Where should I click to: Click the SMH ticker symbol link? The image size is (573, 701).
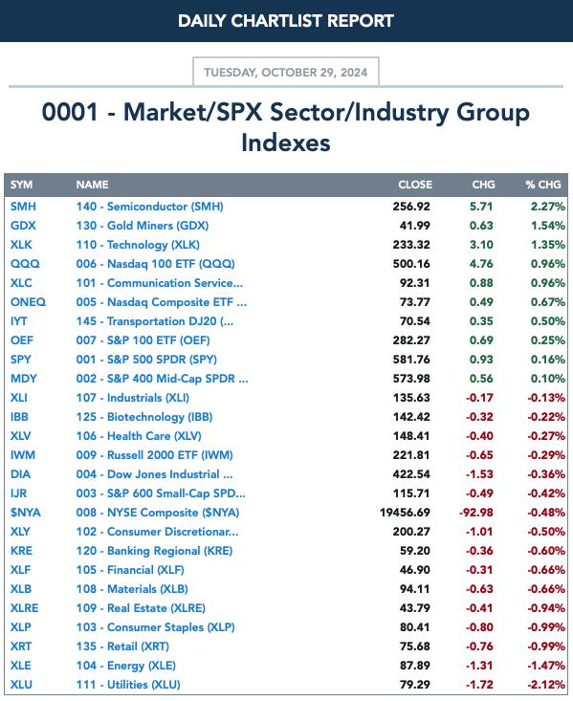(x=23, y=207)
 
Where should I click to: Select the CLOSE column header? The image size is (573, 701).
(x=415, y=185)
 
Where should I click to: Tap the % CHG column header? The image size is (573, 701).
(x=543, y=185)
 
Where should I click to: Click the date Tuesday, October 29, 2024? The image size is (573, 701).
(x=286, y=73)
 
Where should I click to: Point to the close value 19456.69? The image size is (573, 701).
(x=405, y=513)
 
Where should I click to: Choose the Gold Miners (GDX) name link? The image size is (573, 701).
(x=143, y=226)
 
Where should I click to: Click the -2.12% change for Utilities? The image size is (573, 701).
(x=545, y=685)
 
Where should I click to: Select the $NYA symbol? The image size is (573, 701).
(x=26, y=513)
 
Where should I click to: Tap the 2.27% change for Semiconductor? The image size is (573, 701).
(x=548, y=207)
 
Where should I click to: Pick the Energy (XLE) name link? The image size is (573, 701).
(x=125, y=666)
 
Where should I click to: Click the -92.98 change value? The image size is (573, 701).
(x=476, y=513)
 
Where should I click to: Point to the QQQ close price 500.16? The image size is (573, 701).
(x=411, y=264)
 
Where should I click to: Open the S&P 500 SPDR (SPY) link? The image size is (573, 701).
(x=146, y=360)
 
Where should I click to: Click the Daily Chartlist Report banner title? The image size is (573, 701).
(x=286, y=21)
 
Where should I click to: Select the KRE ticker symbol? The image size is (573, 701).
(x=21, y=551)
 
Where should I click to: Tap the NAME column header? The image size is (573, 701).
(x=92, y=185)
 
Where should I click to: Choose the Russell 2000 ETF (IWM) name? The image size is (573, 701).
(x=154, y=455)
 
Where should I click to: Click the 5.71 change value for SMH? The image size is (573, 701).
(x=481, y=207)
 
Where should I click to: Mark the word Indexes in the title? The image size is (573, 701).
(x=286, y=143)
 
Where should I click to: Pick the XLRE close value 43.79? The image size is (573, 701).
(x=414, y=608)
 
